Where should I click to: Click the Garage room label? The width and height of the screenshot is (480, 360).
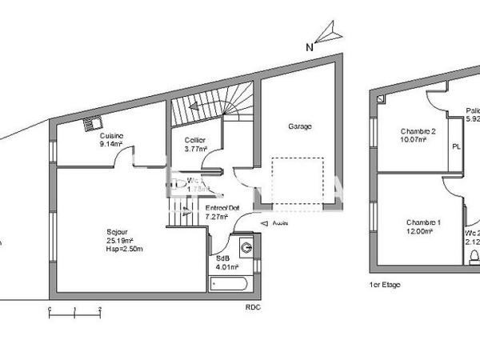(300, 126)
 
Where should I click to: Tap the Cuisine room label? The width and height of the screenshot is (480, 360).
(111, 137)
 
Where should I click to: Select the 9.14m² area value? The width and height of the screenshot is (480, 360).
(111, 145)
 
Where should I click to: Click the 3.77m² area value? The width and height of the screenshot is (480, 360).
(196, 148)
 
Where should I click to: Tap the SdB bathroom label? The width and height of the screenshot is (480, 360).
(223, 259)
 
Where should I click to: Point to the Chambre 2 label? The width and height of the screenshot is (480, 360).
(418, 131)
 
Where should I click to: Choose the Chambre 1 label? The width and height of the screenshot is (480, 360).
(423, 222)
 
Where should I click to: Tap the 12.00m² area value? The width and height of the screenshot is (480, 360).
(419, 231)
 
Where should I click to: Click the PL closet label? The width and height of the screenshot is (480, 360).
(456, 147)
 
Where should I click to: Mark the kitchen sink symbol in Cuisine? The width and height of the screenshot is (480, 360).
(91, 125)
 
